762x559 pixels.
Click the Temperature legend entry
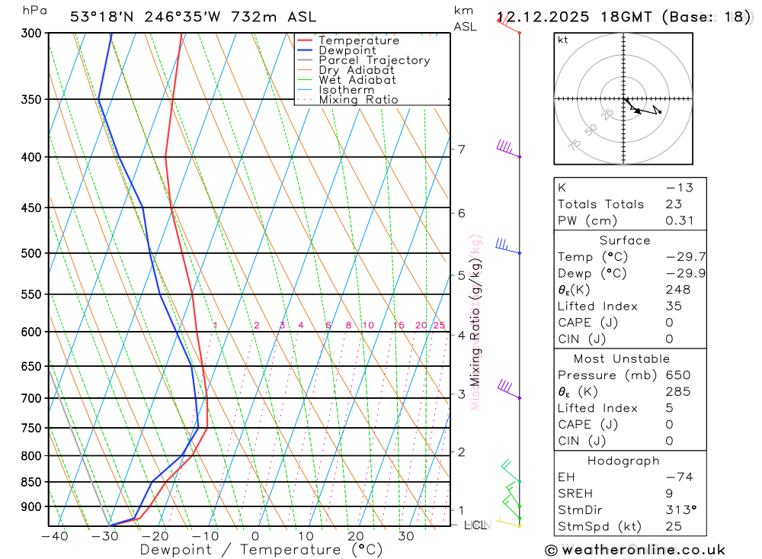point(358,40)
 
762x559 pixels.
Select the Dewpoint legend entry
point(347,50)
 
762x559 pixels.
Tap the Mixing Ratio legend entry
point(358,99)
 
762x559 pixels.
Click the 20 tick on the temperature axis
point(355,536)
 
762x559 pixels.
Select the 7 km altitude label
point(461,149)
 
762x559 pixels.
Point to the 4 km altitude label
point(461,336)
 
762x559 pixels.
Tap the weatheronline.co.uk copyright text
point(636,550)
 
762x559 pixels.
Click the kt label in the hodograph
point(563,40)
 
